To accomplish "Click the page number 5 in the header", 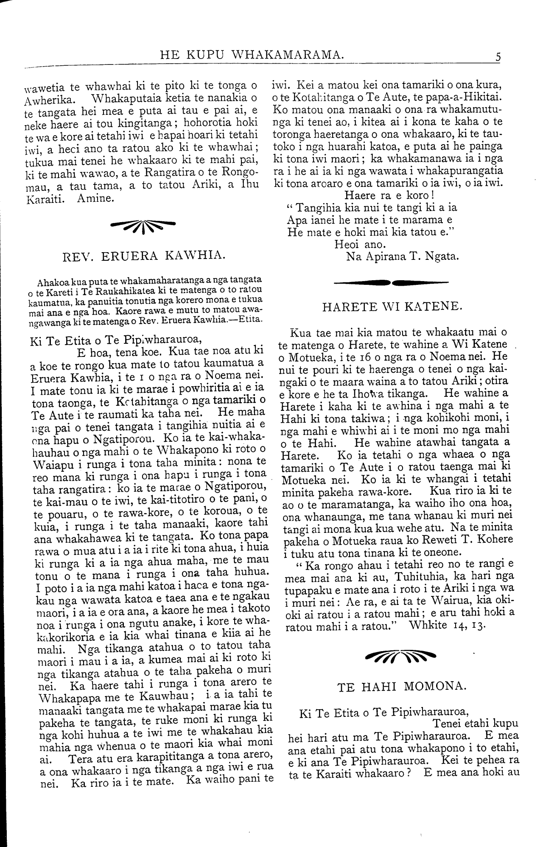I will [498, 56].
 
